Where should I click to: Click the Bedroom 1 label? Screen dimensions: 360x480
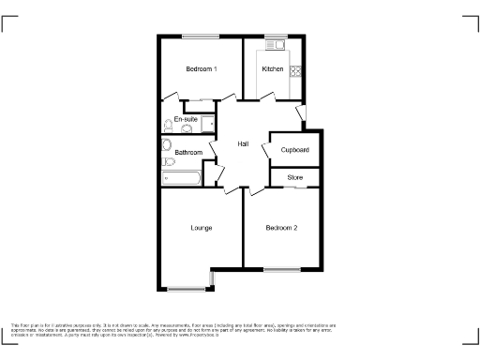(x=201, y=69)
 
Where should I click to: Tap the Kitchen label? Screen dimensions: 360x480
(x=273, y=69)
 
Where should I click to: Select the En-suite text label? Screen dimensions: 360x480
(x=185, y=119)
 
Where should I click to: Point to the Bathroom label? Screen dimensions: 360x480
(x=188, y=152)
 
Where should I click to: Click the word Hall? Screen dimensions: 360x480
(x=243, y=143)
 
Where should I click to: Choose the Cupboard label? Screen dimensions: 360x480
(x=294, y=150)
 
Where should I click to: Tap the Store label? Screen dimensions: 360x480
(x=295, y=176)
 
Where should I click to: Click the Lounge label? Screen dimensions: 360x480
(x=201, y=228)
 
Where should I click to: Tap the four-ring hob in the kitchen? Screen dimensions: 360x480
(x=295, y=69)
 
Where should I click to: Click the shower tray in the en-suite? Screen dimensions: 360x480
(x=207, y=125)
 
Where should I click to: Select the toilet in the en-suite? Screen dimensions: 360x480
(x=168, y=124)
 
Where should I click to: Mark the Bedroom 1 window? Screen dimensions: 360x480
(x=201, y=37)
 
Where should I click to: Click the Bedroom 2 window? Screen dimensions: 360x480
(x=281, y=270)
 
